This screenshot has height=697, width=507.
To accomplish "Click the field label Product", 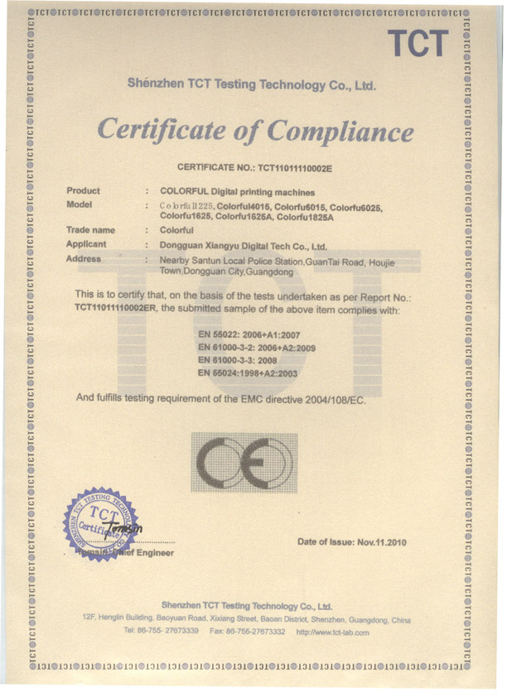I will point(83,191).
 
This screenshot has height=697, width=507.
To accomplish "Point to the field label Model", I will point(80,204).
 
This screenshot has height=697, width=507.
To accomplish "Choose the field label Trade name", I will point(90,230).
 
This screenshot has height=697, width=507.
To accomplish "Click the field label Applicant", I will point(86,245).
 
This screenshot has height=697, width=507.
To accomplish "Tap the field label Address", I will point(84,259).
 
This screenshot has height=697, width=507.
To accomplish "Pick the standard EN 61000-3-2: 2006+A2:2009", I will point(258,348).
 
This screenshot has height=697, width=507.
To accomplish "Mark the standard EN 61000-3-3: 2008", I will point(236,361).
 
